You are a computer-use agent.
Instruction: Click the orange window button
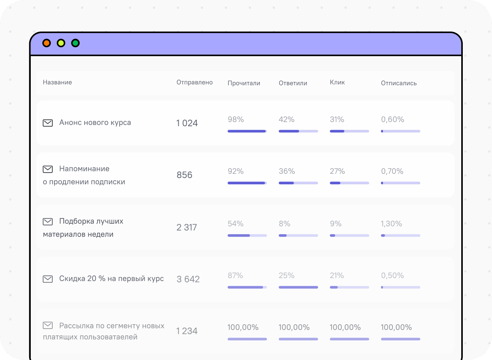pos(47,43)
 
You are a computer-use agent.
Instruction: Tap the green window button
pos(75,43)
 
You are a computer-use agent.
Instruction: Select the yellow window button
pos(61,43)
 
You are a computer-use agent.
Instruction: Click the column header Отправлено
pos(194,82)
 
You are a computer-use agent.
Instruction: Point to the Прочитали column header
pos(244,83)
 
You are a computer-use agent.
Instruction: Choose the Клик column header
pos(337,82)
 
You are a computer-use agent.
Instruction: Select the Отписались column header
pos(399,83)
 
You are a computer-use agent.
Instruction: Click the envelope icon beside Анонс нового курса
pos(48,123)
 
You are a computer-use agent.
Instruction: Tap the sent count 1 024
pos(187,123)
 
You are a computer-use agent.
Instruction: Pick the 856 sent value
pos(184,175)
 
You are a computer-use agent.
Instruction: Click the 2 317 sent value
pos(187,227)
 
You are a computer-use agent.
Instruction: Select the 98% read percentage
pos(236,119)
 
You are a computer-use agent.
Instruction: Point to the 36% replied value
pos(287,171)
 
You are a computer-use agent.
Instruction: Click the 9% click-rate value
pos(336,224)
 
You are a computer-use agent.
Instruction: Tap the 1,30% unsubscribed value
pos(391,224)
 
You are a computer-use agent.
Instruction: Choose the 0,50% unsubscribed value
pos(392,275)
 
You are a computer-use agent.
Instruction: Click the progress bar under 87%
pos(247,287)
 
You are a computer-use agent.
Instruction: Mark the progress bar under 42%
pos(298,131)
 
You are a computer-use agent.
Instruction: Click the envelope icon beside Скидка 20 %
pos(48,279)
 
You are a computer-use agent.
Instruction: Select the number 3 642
pos(188,279)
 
